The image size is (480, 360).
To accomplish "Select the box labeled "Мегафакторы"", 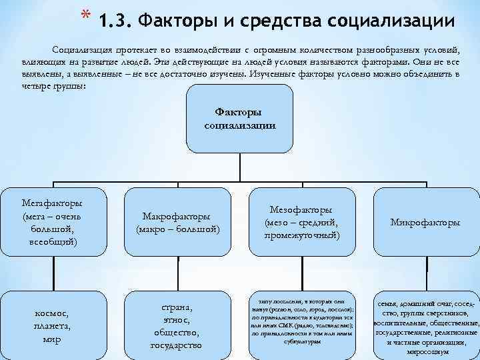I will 52,221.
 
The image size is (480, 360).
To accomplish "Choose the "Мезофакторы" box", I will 301,222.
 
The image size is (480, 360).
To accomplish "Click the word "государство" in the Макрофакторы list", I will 177,345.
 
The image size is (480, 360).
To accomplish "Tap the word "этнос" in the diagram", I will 177,320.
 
